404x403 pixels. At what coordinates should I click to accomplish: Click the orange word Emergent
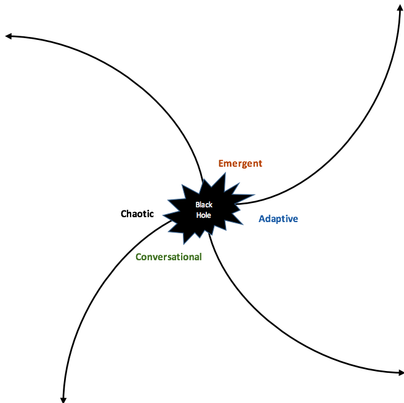point(240,164)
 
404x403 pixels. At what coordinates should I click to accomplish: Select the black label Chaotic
point(137,213)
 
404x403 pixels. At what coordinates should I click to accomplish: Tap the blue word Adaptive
point(278,219)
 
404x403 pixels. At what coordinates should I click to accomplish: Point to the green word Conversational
point(169,257)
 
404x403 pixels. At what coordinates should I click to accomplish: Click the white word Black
point(204,205)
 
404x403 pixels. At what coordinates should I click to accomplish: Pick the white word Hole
point(204,215)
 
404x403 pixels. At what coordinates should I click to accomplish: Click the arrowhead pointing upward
point(400,7)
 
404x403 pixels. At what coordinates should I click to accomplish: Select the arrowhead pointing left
point(9,36)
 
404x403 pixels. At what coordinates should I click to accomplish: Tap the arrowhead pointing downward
point(63,400)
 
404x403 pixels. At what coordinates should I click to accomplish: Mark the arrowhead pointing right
point(401,372)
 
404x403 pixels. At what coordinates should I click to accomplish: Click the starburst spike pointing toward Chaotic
point(163,215)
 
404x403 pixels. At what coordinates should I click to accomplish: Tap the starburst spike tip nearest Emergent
point(225,173)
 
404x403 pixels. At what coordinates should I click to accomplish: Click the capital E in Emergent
point(221,163)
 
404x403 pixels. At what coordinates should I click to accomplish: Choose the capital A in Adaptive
point(262,219)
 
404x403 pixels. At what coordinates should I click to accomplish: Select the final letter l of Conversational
point(200,257)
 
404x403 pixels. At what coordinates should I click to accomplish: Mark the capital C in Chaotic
point(124,214)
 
